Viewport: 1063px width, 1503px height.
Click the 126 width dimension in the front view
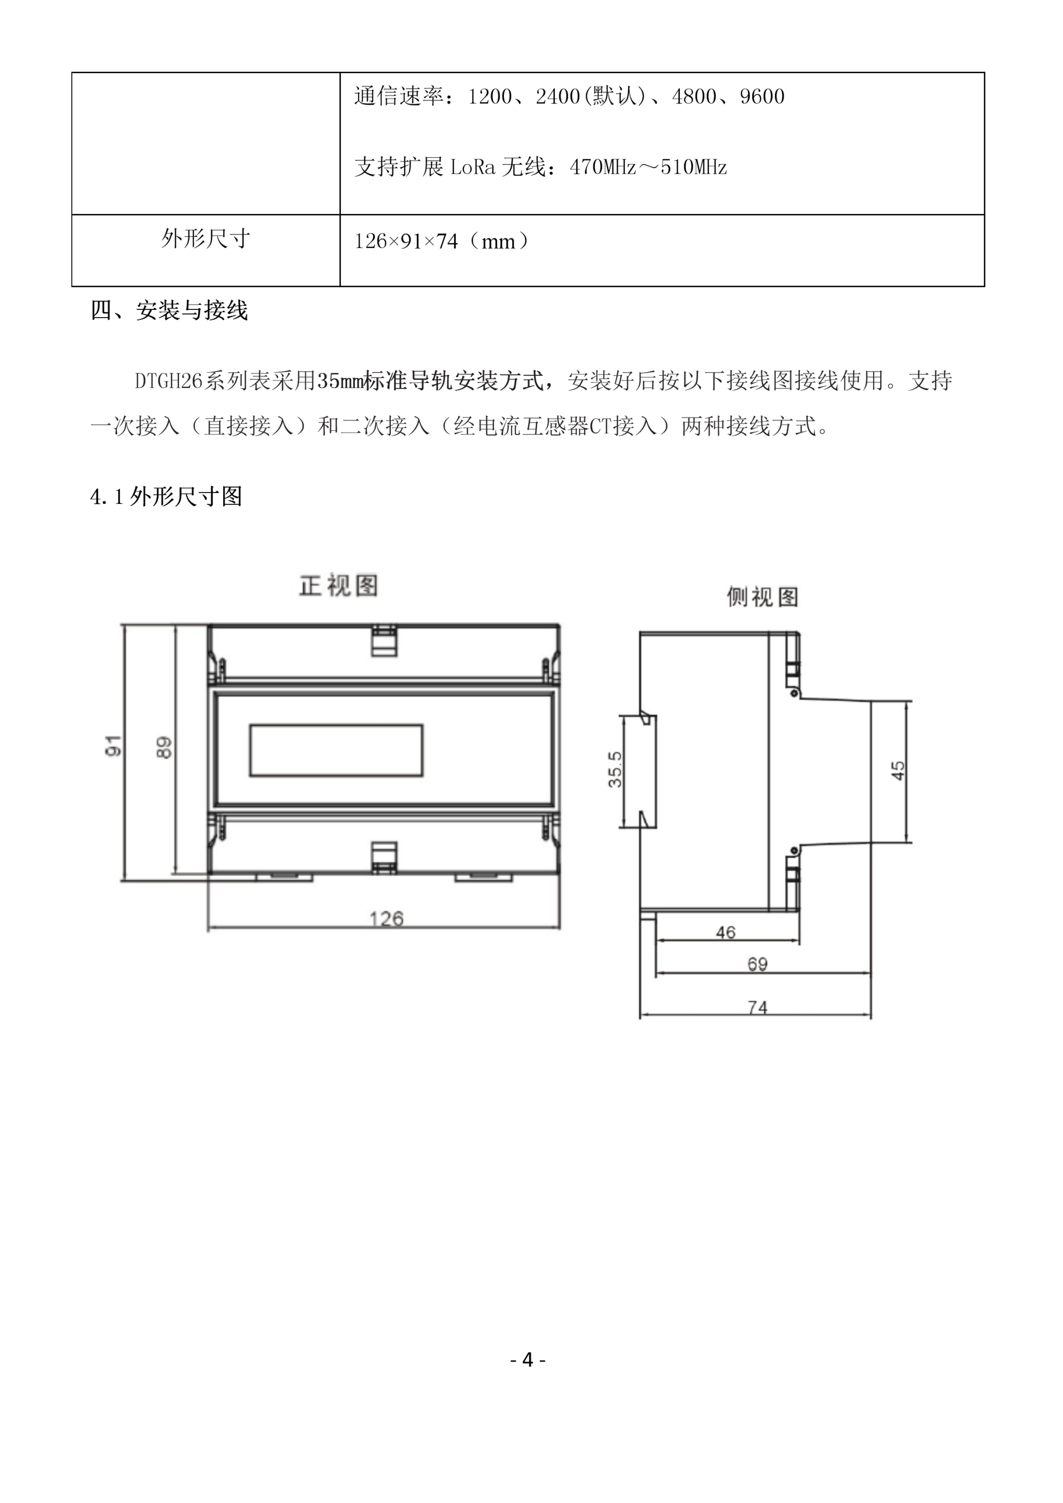(386, 919)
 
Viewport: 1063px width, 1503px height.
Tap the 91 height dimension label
(113, 746)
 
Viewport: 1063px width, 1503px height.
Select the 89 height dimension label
(165, 747)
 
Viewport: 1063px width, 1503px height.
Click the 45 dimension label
(898, 770)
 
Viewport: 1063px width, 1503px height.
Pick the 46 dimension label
(725, 932)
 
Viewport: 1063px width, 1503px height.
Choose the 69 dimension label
(757, 964)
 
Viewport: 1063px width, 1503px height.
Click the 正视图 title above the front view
(338, 586)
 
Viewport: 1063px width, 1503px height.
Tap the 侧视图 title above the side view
(762, 597)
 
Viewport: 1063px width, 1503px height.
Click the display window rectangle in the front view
(336, 750)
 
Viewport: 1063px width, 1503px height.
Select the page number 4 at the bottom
(527, 1360)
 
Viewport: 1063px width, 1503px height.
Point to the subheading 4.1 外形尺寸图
(166, 497)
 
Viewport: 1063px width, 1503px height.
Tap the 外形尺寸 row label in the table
(206, 239)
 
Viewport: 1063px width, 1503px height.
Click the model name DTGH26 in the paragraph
(168, 381)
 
